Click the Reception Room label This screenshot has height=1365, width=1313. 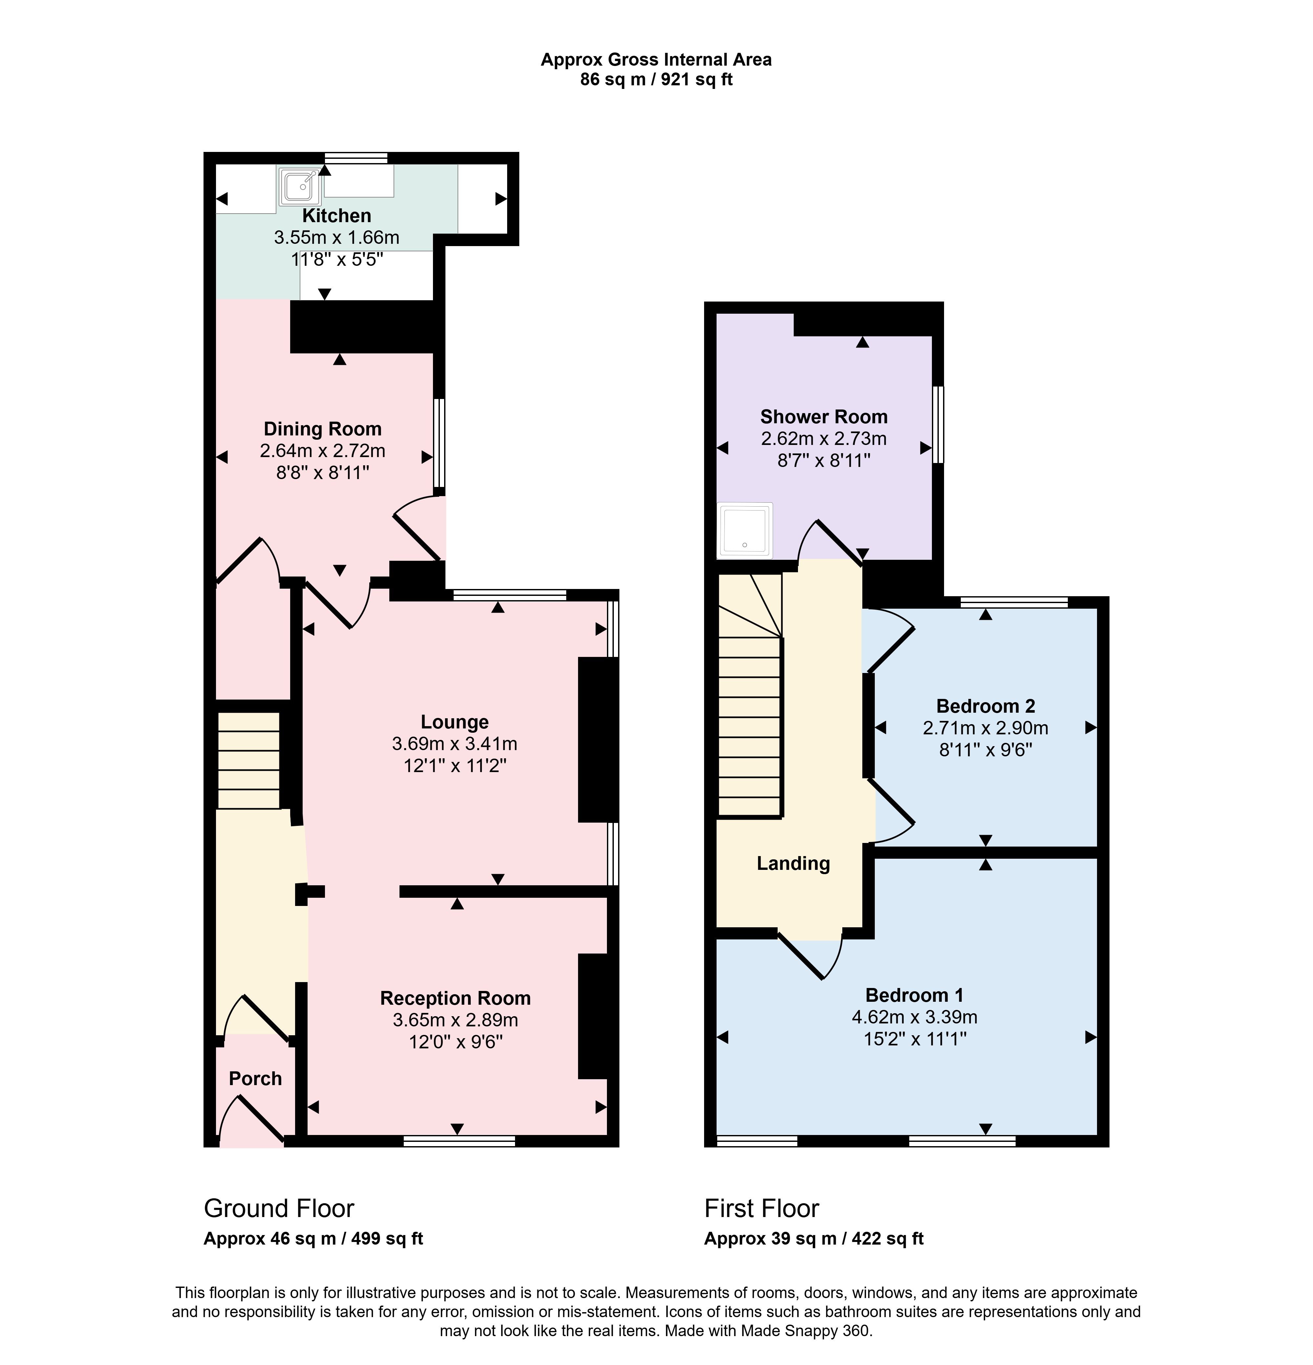click(456, 998)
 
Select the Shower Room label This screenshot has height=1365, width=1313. click(824, 416)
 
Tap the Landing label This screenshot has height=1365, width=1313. click(793, 864)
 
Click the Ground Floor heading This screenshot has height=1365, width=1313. click(279, 1207)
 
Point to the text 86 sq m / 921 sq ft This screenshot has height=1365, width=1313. click(656, 79)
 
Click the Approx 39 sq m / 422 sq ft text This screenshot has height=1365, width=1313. click(814, 1238)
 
